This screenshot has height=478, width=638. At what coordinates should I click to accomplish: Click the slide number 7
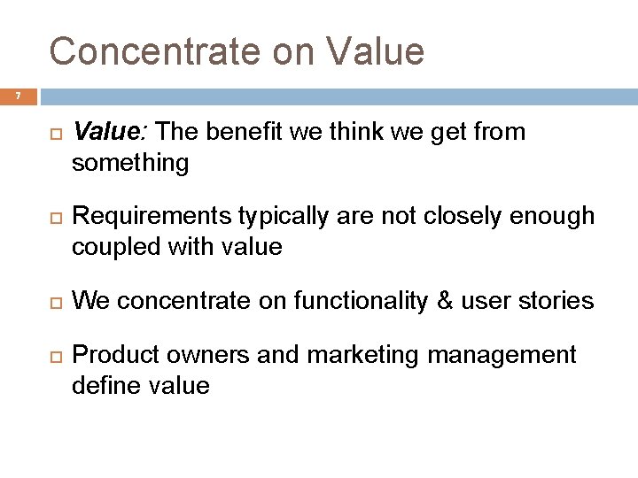tap(14, 95)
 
